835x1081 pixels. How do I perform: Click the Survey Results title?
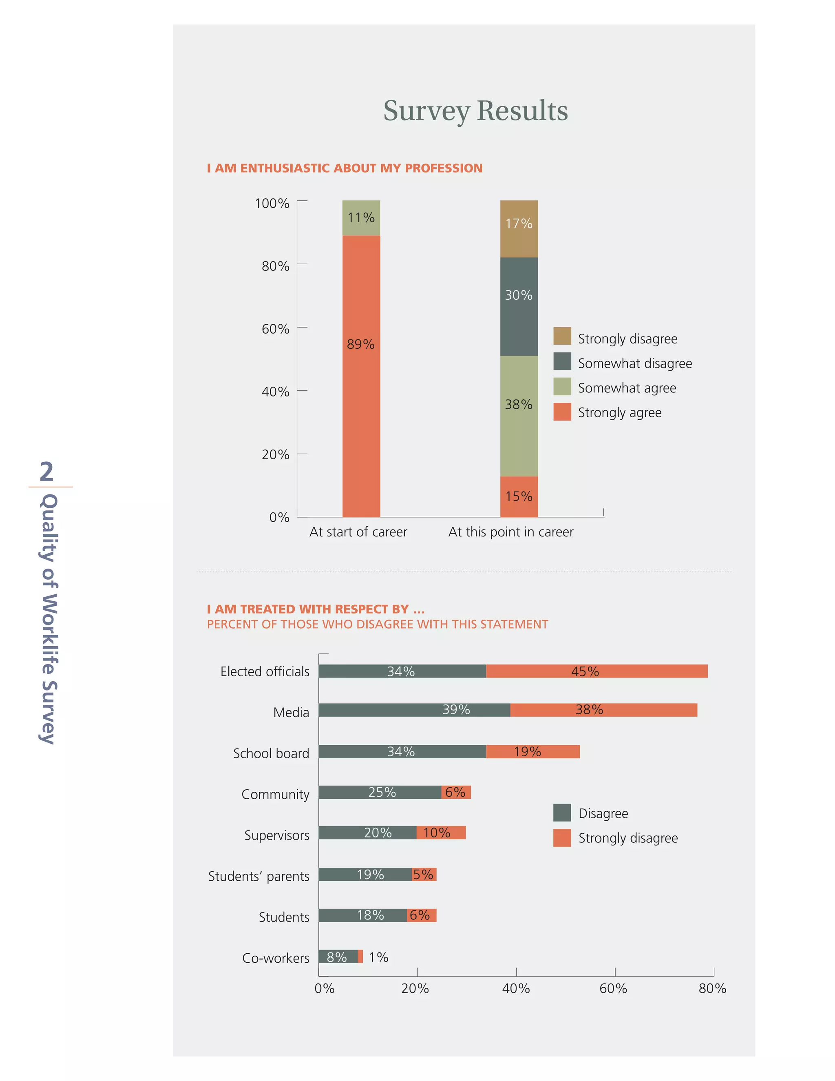[475, 111]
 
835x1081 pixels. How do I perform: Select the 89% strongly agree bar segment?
[361, 376]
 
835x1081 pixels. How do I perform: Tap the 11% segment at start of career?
[361, 218]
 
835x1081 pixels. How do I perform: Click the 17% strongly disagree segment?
[519, 229]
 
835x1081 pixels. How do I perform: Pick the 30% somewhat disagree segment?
[519, 306]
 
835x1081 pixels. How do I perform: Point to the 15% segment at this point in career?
[519, 496]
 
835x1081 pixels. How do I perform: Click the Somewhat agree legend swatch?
[562, 387]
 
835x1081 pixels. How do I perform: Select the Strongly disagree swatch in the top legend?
[562, 336]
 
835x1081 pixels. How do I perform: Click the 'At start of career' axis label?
[358, 532]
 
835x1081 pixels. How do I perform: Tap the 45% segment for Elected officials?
[596, 671]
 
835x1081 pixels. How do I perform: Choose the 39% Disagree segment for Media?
[414, 710]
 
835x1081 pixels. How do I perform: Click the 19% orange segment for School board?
[533, 751]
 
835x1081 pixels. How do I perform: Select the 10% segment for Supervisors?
[441, 833]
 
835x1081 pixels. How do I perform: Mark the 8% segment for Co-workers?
[338, 956]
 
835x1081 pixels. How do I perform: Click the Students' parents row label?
[259, 876]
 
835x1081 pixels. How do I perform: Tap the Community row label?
[275, 794]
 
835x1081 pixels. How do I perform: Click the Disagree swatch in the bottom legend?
[562, 812]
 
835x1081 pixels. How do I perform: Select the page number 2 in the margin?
[46, 471]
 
